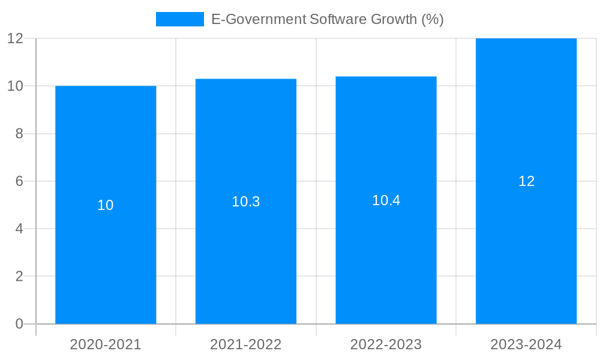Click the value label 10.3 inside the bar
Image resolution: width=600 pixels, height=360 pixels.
[246, 202]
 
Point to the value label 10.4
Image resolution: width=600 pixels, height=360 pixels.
[386, 200]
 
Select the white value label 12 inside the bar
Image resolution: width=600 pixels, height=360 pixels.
[526, 181]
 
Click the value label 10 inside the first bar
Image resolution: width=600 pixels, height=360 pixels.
[106, 205]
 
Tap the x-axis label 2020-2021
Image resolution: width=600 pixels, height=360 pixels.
[106, 344]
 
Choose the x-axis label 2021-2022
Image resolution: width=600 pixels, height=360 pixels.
[246, 344]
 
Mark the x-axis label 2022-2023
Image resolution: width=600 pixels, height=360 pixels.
[386, 344]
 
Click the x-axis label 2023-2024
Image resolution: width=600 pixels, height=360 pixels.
[526, 344]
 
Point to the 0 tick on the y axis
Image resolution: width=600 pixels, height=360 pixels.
[19, 324]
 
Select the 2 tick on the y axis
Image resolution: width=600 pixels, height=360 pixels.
[19, 277]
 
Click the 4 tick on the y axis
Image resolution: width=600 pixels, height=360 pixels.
[19, 229]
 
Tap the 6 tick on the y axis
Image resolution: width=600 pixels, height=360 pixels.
[19, 181]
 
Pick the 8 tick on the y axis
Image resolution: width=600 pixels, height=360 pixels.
[19, 134]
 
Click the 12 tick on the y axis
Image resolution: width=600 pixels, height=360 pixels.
[15, 38]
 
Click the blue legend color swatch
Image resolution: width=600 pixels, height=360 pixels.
[179, 19]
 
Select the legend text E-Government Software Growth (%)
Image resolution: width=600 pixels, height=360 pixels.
[328, 19]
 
